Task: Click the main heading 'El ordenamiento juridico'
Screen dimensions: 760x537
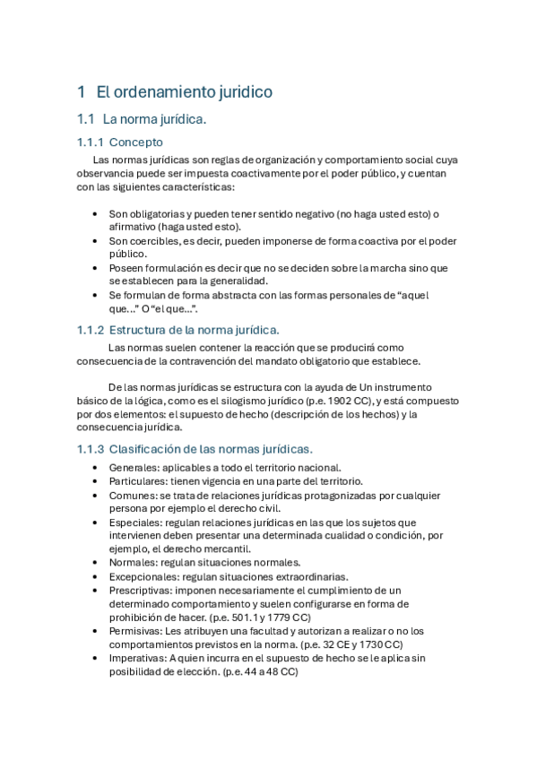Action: click(x=184, y=91)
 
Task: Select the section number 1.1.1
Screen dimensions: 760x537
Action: click(x=90, y=142)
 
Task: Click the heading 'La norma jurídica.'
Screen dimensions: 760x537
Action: click(x=155, y=118)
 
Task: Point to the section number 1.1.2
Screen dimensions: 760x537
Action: click(x=90, y=330)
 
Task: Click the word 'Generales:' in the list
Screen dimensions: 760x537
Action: click(x=134, y=468)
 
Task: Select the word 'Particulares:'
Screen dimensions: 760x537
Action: click(x=139, y=481)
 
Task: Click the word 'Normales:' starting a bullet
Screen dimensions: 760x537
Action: click(x=133, y=562)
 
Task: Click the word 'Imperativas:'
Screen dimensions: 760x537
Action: click(x=140, y=658)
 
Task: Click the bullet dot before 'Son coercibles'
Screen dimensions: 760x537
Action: click(x=96, y=241)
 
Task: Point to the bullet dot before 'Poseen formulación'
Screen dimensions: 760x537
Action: click(x=96, y=268)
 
